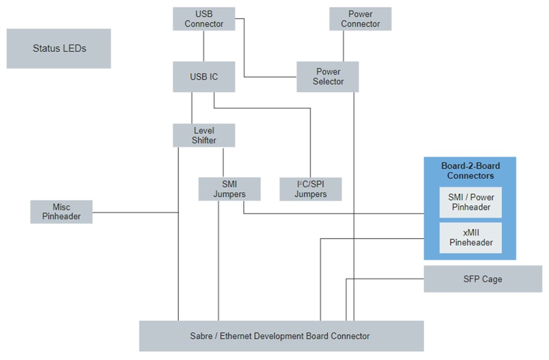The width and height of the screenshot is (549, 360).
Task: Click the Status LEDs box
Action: (x=59, y=48)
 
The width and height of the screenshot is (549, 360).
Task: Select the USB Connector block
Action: (x=204, y=19)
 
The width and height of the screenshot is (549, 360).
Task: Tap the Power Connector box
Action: (x=360, y=19)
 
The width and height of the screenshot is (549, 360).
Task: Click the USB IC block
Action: (x=204, y=76)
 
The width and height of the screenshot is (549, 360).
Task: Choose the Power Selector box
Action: (x=328, y=76)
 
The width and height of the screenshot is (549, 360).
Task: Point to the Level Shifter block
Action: (x=204, y=135)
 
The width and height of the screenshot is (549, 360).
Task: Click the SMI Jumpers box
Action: (x=229, y=189)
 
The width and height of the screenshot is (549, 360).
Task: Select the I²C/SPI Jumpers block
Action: (x=310, y=189)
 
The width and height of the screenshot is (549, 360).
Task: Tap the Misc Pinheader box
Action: (x=61, y=211)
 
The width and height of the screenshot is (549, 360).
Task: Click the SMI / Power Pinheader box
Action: (x=470, y=202)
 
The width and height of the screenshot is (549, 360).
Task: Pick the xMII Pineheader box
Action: (x=470, y=237)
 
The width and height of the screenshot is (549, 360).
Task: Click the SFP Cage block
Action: (x=483, y=279)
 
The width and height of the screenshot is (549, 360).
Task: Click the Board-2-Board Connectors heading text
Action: (x=470, y=171)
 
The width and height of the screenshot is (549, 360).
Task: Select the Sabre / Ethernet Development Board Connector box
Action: (x=281, y=336)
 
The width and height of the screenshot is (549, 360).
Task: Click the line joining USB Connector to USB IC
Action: (x=204, y=46)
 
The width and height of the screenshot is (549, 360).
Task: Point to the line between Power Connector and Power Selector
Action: (x=344, y=46)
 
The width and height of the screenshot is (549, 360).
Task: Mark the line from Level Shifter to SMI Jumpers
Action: (x=223, y=162)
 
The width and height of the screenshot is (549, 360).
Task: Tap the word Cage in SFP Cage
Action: (x=492, y=279)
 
